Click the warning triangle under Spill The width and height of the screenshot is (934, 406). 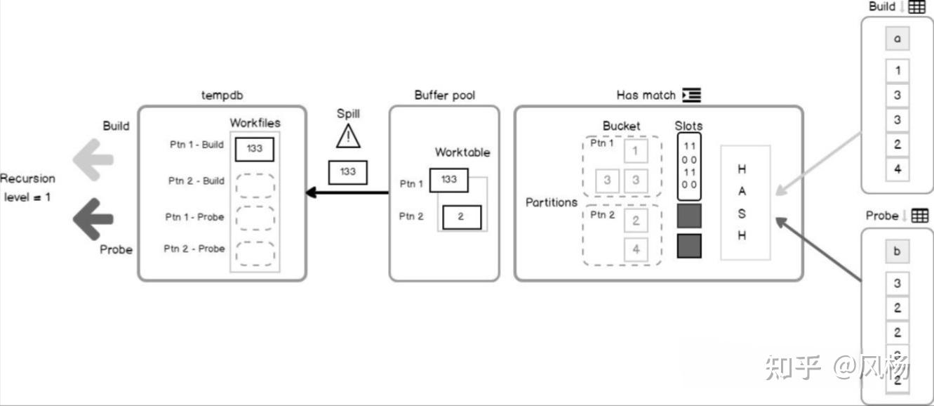click(348, 136)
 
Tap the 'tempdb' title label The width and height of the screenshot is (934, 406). click(222, 95)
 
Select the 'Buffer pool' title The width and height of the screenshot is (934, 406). click(443, 95)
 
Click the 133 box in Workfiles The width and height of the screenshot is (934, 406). click(254, 149)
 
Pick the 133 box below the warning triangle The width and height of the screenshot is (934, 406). click(348, 172)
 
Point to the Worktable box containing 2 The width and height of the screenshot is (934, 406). click(461, 217)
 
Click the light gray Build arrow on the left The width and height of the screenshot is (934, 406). click(93, 159)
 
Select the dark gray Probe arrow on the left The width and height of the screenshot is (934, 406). click(93, 219)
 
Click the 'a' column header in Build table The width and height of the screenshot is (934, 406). click(898, 39)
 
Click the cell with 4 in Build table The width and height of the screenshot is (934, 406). click(898, 169)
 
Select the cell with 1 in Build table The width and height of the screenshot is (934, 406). click(898, 70)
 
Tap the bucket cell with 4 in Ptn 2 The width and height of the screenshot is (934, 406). click(636, 249)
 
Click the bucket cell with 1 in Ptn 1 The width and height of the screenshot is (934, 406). click(636, 150)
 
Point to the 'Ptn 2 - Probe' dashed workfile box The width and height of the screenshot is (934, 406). click(255, 252)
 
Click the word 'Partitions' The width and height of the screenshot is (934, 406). click(552, 202)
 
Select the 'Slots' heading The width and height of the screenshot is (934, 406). click(688, 126)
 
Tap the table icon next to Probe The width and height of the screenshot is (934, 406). click(919, 216)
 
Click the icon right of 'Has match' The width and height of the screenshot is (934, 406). click(691, 95)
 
